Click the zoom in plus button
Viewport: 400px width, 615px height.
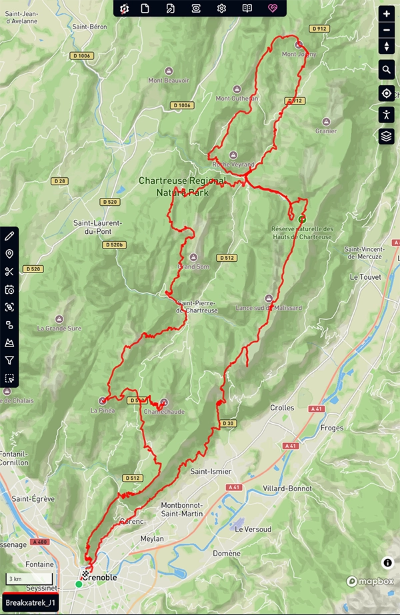[x=387, y=14]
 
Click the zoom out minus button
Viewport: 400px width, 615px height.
[x=387, y=30]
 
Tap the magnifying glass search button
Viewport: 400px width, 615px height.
[x=387, y=69]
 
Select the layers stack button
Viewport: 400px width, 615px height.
[x=387, y=136]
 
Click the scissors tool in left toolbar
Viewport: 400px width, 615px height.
[x=9, y=272]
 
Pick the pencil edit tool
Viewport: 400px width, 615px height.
[x=9, y=236]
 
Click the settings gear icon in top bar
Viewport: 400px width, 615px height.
[x=221, y=9]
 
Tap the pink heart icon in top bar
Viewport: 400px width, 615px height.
[x=273, y=9]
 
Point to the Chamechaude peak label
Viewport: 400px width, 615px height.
[x=164, y=411]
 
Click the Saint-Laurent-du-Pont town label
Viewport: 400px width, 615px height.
[x=97, y=227]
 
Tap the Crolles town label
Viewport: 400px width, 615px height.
[x=282, y=408]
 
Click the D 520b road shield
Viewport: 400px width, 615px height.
[x=114, y=245]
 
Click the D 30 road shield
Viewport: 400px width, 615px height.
[x=229, y=424]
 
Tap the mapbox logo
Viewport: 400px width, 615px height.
[x=370, y=582]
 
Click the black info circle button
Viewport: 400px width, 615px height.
[x=387, y=563]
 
